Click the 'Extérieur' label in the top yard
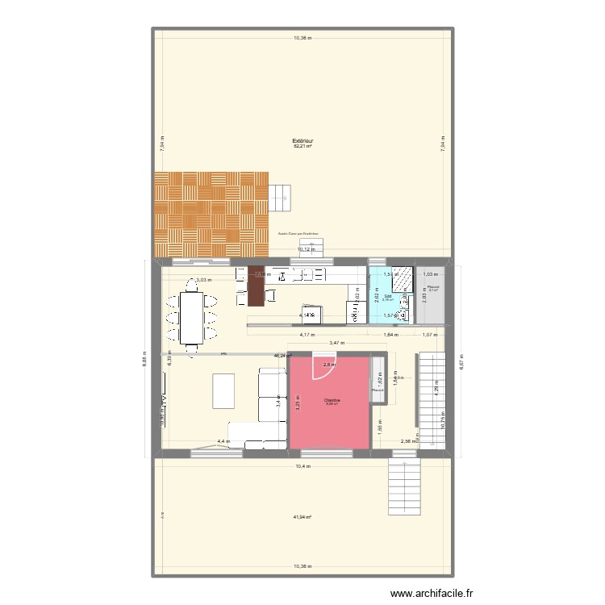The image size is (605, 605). tap(302, 140)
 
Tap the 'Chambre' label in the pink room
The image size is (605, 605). tap(331, 399)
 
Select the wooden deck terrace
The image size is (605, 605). tap(211, 214)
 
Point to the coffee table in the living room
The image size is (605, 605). tap(223, 391)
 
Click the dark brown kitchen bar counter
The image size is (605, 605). tap(256, 286)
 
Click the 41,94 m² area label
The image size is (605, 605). tap(302, 517)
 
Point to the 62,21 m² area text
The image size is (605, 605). tap(302, 147)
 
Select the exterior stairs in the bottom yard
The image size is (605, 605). tap(405, 489)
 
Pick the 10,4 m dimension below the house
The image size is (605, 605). tap(302, 466)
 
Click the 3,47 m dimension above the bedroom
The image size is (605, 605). tap(336, 344)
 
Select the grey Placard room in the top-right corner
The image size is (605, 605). tap(432, 298)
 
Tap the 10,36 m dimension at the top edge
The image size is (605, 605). tap(302, 37)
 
